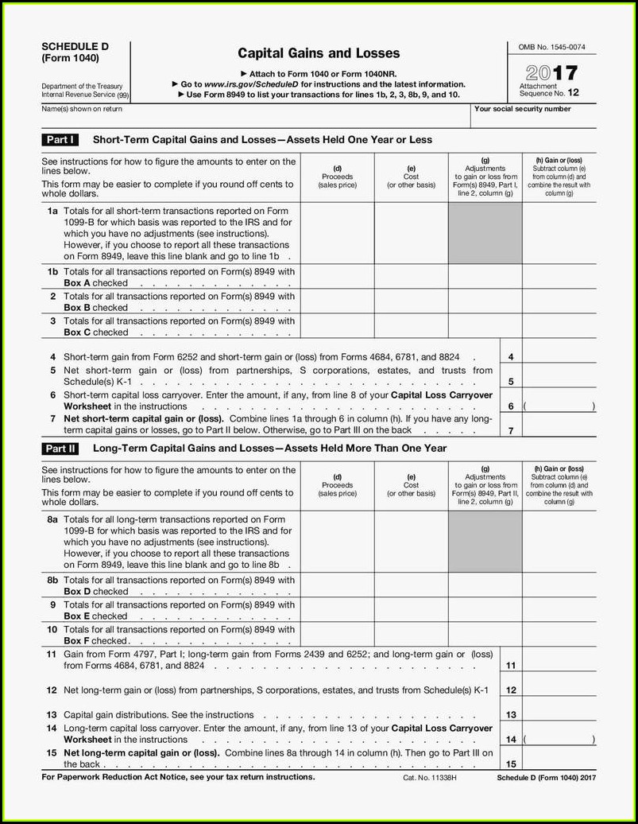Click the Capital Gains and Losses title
pos(319,53)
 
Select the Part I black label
pos(60,140)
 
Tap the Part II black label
pos(60,449)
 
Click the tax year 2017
pos(551,73)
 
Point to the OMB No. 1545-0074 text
pos(551,48)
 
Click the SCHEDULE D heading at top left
pos(75,47)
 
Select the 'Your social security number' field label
pos(522,109)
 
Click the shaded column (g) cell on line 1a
pos(485,233)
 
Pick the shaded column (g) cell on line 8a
pos(485,542)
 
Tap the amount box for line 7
pos(559,429)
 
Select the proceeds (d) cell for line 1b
pos(337,277)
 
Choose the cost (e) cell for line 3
pos(411,326)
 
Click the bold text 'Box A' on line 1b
pos(77,283)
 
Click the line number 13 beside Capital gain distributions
pos(511,715)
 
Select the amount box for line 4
pos(559,358)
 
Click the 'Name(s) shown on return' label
pos(82,109)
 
